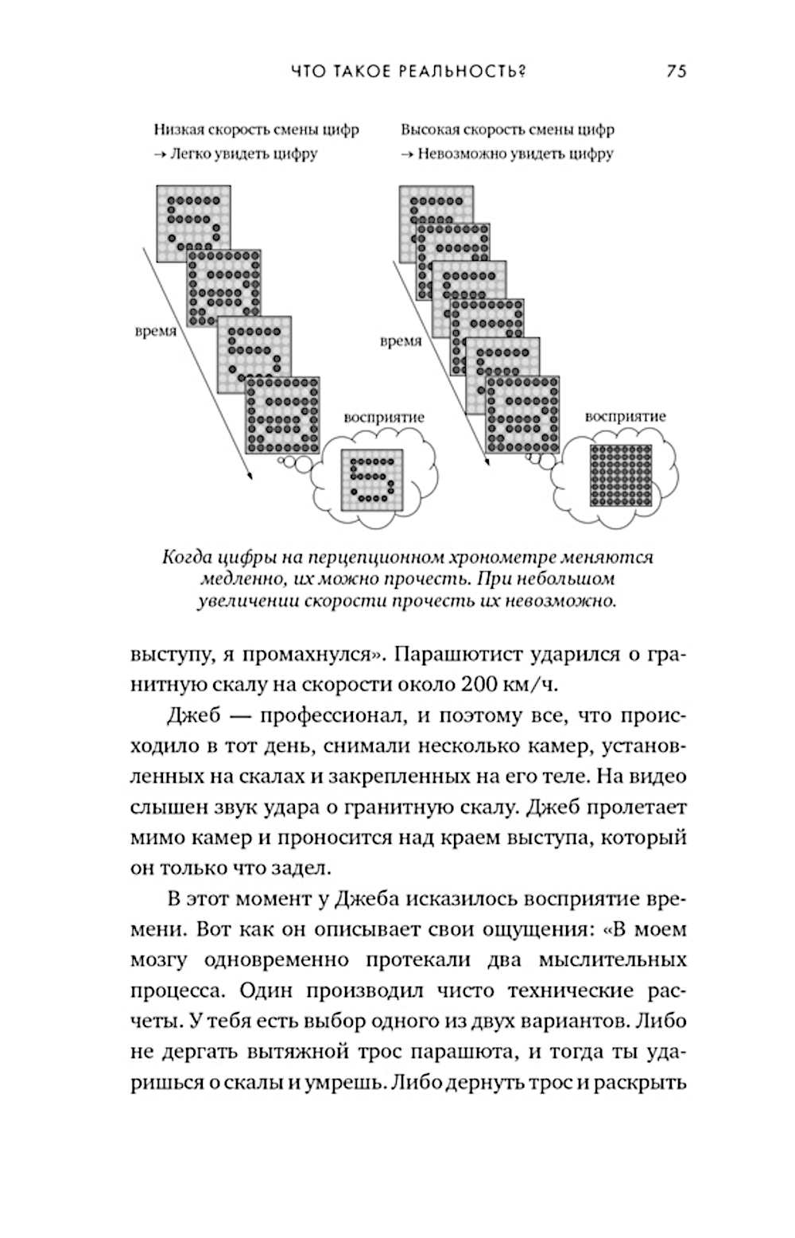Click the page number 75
click(677, 72)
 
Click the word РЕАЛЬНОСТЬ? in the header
click(464, 72)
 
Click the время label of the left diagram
click(154, 331)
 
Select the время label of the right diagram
click(400, 341)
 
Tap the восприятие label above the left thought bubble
click(384, 417)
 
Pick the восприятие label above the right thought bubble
click(626, 416)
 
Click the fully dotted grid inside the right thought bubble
click(620, 475)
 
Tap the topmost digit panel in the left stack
click(193, 213)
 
